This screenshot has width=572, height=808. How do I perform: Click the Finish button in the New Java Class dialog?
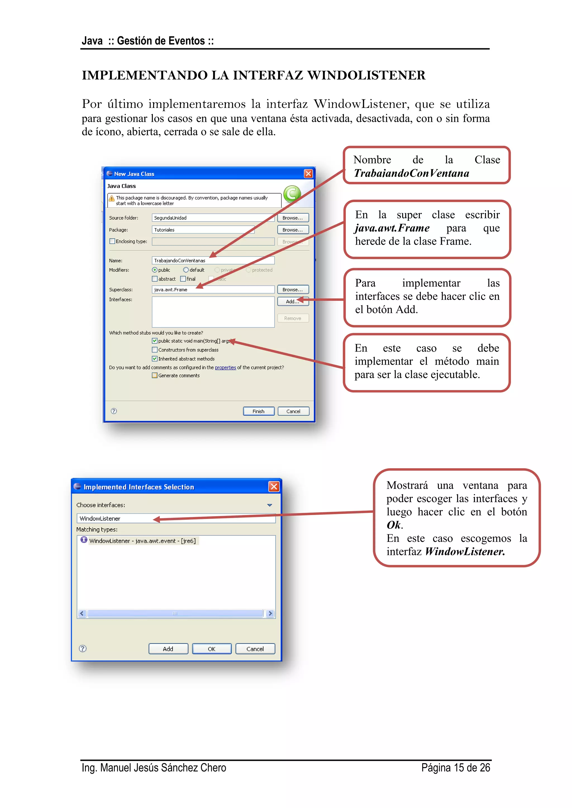[259, 411]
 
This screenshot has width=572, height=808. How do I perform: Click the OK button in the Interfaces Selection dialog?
[212, 649]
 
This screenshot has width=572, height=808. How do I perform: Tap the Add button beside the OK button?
[168, 649]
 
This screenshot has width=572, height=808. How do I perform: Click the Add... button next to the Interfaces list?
[293, 301]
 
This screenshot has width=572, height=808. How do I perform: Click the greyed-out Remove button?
[293, 318]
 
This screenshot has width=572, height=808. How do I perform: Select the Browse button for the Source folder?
[293, 218]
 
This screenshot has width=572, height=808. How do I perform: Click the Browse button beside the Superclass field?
[293, 290]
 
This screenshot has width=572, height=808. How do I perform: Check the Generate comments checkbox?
[155, 376]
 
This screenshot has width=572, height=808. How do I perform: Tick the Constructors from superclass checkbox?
[155, 350]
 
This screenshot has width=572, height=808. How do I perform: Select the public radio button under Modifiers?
[155, 270]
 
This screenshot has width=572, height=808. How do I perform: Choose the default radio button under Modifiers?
[186, 270]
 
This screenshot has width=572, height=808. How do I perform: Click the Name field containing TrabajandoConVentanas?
[213, 260]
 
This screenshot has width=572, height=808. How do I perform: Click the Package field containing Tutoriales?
[203, 230]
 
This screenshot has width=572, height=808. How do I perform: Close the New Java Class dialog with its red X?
[308, 174]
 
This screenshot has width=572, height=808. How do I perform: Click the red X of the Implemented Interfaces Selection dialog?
[274, 486]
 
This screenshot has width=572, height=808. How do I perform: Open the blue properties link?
[225, 367]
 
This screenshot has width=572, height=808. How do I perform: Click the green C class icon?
[292, 194]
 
